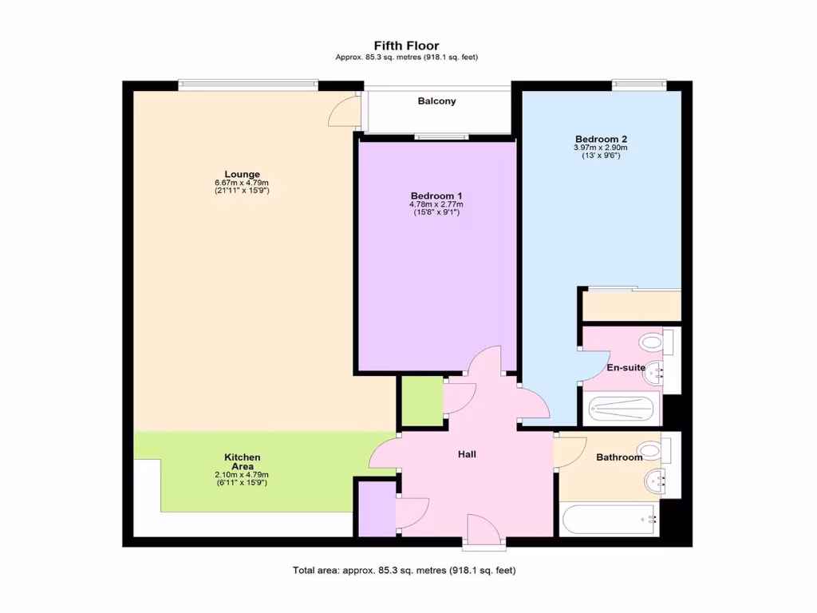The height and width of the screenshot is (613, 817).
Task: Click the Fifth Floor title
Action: click(x=406, y=45)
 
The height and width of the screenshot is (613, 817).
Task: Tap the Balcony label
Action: click(x=436, y=101)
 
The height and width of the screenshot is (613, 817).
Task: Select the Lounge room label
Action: click(x=242, y=174)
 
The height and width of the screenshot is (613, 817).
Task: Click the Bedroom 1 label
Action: click(x=436, y=196)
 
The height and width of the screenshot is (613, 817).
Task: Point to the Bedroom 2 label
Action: click(x=601, y=138)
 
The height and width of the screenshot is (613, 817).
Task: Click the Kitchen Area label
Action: click(x=242, y=461)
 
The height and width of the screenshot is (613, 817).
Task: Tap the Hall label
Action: click(x=467, y=454)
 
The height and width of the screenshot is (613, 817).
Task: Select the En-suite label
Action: click(x=626, y=367)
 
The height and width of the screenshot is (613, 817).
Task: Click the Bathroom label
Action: click(x=619, y=457)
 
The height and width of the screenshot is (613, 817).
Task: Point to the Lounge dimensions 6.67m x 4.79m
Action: click(x=242, y=183)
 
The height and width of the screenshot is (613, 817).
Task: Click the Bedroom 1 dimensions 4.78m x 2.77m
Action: click(x=436, y=204)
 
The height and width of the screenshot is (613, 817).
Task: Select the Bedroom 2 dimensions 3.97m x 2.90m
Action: click(x=601, y=147)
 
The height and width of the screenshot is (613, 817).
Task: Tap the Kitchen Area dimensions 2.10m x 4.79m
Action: click(x=242, y=475)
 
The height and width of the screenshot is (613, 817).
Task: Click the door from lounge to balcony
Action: click(x=345, y=111)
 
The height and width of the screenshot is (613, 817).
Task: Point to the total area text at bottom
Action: click(x=405, y=570)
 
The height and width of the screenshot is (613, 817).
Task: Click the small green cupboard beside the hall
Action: click(x=421, y=401)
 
